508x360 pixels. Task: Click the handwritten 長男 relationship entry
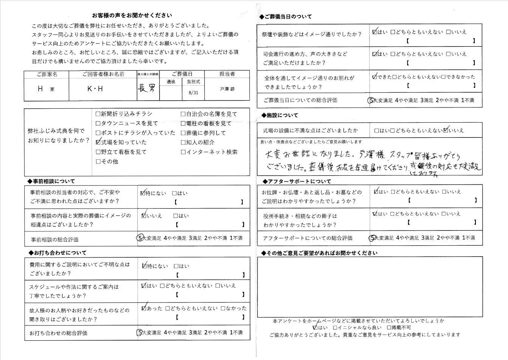pyautogui.click(x=147, y=89)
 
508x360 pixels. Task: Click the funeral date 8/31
pyautogui.click(x=193, y=93)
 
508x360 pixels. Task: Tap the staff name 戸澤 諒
pyautogui.click(x=227, y=89)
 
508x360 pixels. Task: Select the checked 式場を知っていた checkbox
pyautogui.click(x=98, y=142)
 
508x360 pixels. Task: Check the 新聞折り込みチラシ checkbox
pyautogui.click(x=98, y=114)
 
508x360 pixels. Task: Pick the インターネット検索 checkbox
pyautogui.click(x=183, y=152)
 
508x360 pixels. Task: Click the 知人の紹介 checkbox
pyautogui.click(x=183, y=142)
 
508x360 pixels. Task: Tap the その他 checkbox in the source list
pyautogui.click(x=98, y=162)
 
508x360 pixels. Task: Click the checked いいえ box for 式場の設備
pyautogui.click(x=446, y=130)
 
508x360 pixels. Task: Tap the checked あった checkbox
pyautogui.click(x=144, y=308)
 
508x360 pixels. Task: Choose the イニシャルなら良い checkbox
pyautogui.click(x=335, y=327)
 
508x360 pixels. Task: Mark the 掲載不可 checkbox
pyautogui.click(x=389, y=327)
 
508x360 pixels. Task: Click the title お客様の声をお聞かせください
pyautogui.click(x=132, y=16)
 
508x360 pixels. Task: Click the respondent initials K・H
pyautogui.click(x=95, y=89)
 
